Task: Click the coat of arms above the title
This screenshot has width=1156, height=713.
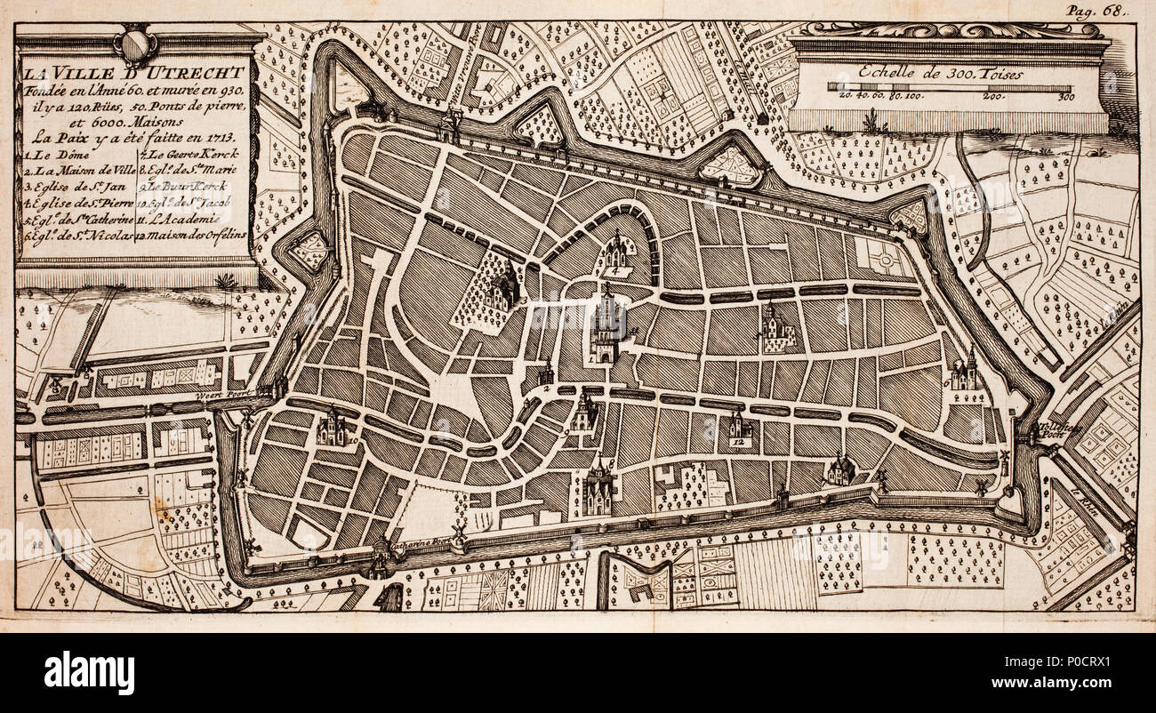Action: coord(135,44)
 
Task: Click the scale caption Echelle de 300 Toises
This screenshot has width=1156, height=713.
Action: coord(948,75)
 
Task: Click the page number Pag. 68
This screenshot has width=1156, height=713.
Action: coord(1096,12)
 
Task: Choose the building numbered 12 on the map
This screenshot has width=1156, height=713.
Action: coord(736,429)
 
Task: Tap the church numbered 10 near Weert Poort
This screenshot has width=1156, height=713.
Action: coord(333,428)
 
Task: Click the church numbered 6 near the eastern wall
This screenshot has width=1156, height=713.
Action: coord(963,373)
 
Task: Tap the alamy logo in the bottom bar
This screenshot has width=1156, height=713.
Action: coord(89,672)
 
